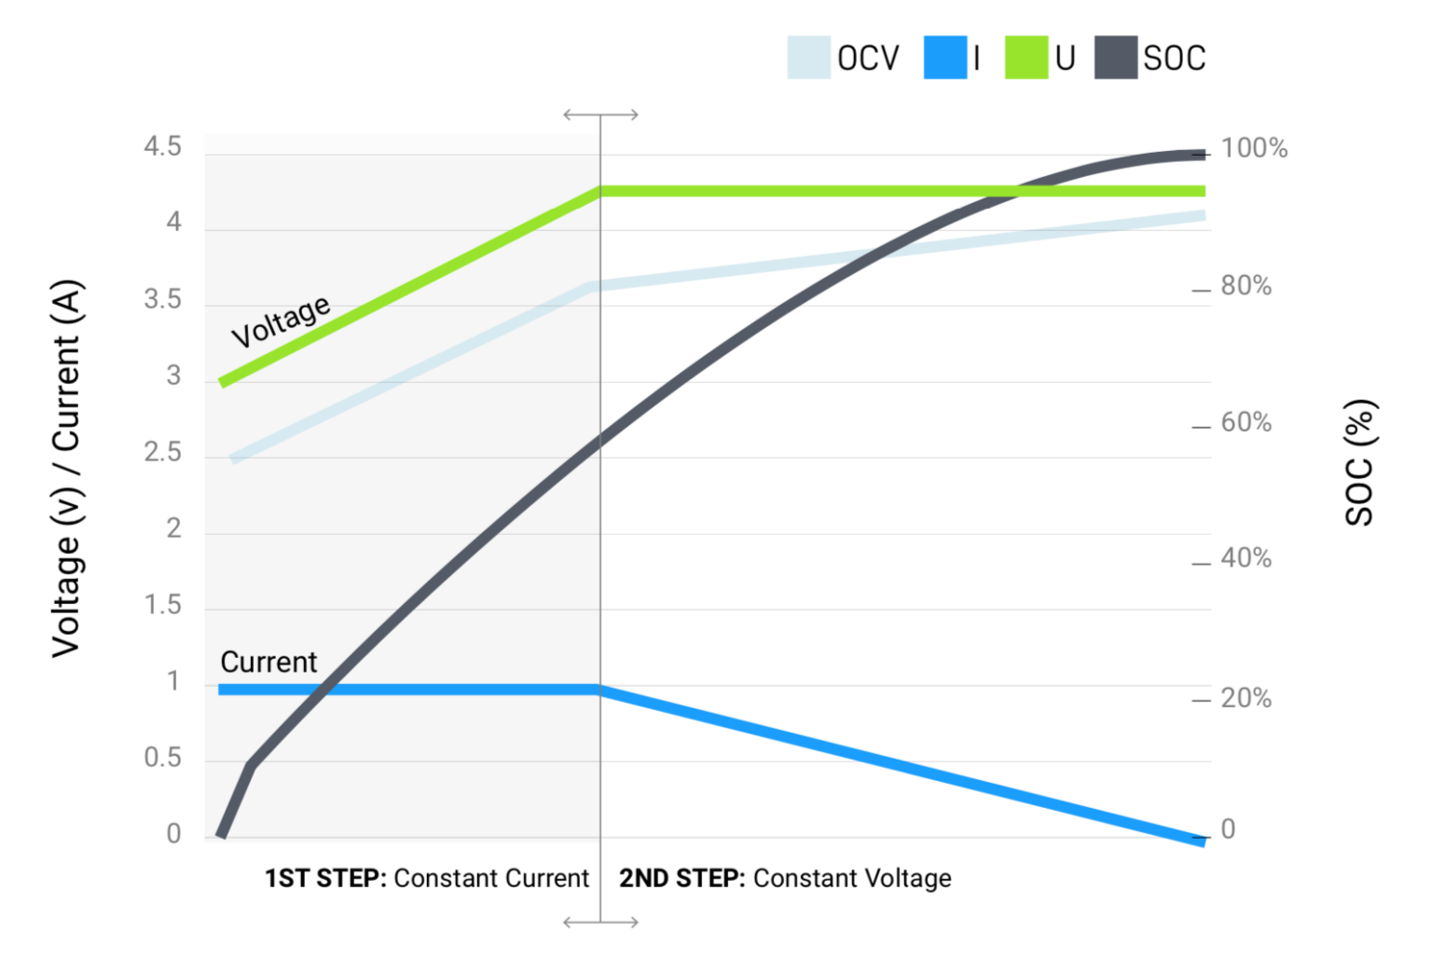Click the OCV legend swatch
(x=808, y=58)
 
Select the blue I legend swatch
(x=944, y=58)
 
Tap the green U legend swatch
(x=1026, y=58)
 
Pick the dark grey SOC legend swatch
(x=1115, y=58)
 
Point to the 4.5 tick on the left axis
(x=162, y=147)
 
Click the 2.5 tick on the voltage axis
(x=162, y=453)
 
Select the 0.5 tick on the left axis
(x=162, y=758)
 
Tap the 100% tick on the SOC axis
(x=1254, y=148)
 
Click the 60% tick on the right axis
(x=1246, y=422)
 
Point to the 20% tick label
(x=1246, y=698)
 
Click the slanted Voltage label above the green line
(x=281, y=322)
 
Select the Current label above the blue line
(x=268, y=662)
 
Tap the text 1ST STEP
(x=325, y=878)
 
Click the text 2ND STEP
(x=682, y=878)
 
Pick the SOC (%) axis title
(x=1359, y=462)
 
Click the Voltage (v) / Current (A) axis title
(x=67, y=468)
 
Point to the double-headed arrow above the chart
(x=600, y=115)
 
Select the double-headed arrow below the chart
(x=600, y=922)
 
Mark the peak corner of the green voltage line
(x=600, y=191)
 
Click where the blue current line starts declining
(x=600, y=690)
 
